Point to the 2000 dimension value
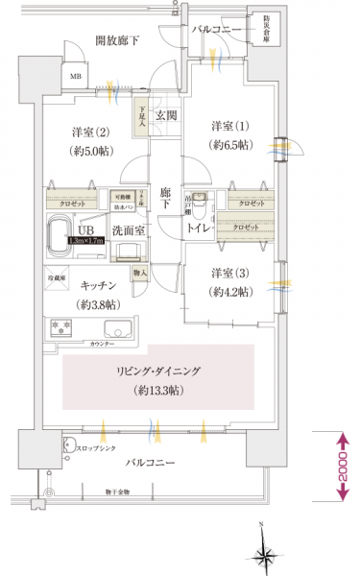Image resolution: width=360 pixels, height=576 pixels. click(341, 465)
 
